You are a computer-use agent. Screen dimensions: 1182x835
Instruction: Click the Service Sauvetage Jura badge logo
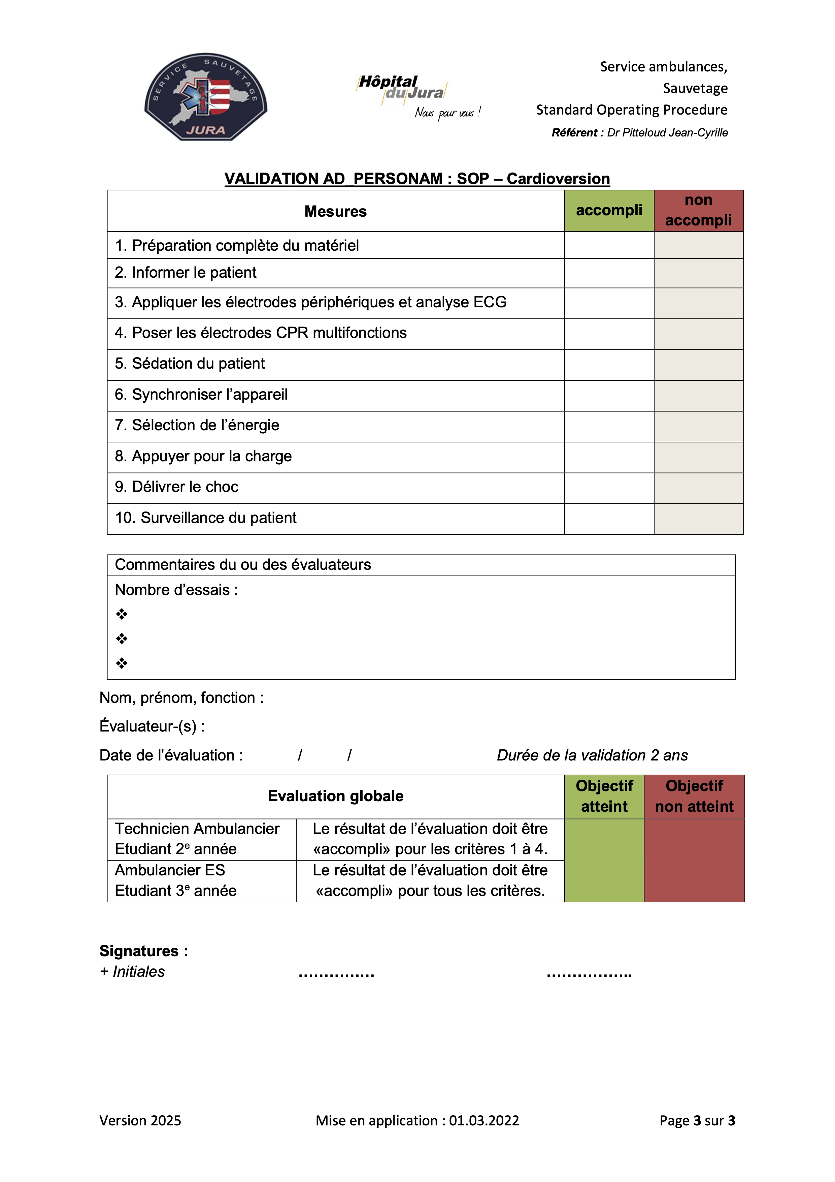206,97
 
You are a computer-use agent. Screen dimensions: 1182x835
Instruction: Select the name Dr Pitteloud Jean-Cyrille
667,133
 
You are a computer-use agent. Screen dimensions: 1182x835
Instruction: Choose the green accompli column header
609,211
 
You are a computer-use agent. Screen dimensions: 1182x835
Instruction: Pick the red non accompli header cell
698,211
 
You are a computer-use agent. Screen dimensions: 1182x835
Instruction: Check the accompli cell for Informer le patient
609,273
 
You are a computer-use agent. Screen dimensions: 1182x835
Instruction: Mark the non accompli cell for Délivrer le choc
698,488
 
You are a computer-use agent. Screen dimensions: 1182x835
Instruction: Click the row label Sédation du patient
190,364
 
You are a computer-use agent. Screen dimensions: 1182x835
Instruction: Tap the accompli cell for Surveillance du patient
609,519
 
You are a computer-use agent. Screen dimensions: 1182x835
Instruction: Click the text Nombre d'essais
176,590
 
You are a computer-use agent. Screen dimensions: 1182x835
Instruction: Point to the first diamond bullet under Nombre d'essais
122,614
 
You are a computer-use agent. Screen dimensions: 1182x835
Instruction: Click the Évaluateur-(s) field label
152,726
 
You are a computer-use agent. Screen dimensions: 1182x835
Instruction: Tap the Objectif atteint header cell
604,797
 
